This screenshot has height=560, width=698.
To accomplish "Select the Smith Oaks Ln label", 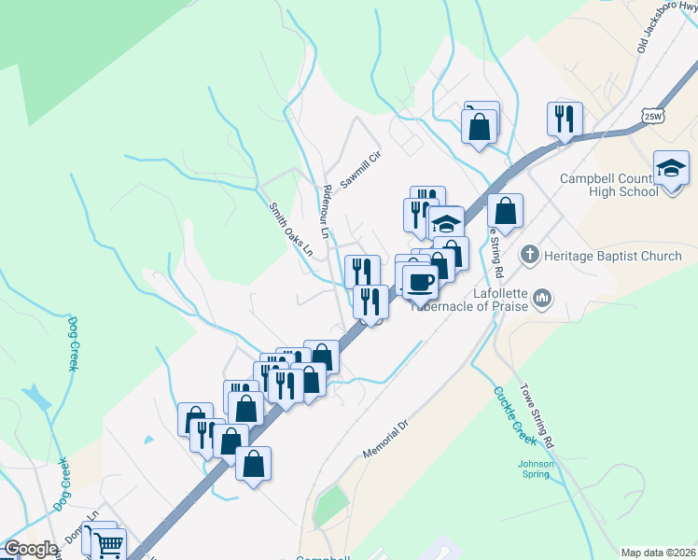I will click(x=290, y=230).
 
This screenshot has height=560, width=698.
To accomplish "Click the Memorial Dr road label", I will click(x=386, y=440).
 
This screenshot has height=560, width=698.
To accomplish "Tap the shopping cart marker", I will click(x=108, y=543).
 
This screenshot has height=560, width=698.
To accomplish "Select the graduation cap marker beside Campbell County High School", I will click(x=671, y=168).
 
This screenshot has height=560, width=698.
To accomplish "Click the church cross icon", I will click(x=529, y=254).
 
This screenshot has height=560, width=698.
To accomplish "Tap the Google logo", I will click(x=30, y=549).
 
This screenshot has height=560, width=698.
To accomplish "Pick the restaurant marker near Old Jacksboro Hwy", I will click(x=565, y=119).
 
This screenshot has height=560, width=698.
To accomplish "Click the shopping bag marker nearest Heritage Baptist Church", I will click(x=505, y=212).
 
